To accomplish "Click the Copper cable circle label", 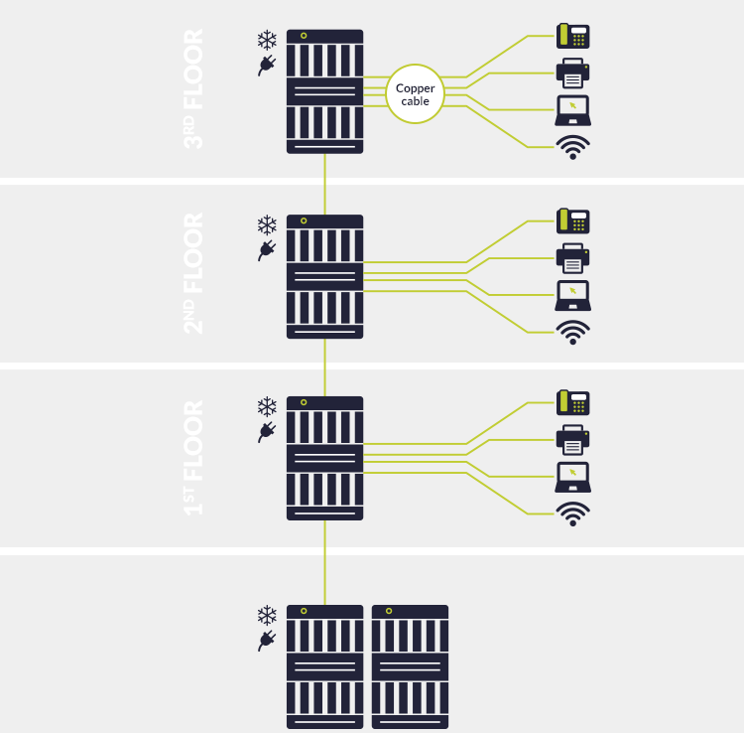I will (x=415, y=94).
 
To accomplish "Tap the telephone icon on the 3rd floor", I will (x=573, y=37).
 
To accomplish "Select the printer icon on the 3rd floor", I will (x=573, y=73).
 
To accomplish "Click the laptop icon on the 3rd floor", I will (x=573, y=109).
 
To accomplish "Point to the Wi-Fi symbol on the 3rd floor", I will (x=573, y=147).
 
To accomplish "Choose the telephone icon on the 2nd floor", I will (x=573, y=221).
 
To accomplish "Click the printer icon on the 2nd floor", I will (x=573, y=258).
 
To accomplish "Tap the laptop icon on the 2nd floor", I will (x=573, y=295).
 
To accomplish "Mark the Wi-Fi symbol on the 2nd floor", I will (x=573, y=332).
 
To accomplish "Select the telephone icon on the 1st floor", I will (x=573, y=403).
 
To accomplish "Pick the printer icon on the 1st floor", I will (x=573, y=439).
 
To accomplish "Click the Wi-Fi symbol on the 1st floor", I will (x=573, y=513).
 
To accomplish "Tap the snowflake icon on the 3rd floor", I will (x=267, y=40).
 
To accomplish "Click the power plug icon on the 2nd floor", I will (x=266, y=250).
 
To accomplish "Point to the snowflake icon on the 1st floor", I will (x=267, y=407).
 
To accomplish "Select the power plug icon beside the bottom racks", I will (x=266, y=641).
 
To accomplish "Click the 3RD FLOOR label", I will (x=194, y=89).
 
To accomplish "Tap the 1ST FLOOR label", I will (x=194, y=457).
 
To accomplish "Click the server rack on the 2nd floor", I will (x=324, y=276).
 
